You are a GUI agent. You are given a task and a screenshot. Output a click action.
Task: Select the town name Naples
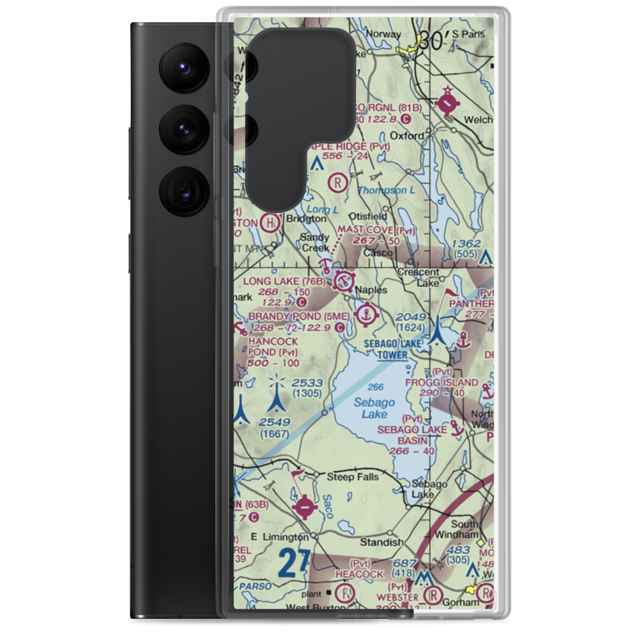[x=372, y=290]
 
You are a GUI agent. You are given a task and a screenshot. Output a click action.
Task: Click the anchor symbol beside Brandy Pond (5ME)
[x=366, y=314]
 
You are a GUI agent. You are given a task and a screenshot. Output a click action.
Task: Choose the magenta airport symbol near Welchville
[x=447, y=103]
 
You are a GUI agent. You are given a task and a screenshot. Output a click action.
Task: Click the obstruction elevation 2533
[x=307, y=383]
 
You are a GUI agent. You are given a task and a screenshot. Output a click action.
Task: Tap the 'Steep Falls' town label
[x=352, y=477]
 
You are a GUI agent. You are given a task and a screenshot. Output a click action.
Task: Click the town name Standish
[x=382, y=542]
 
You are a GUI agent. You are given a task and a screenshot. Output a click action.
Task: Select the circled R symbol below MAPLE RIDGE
[x=336, y=184]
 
